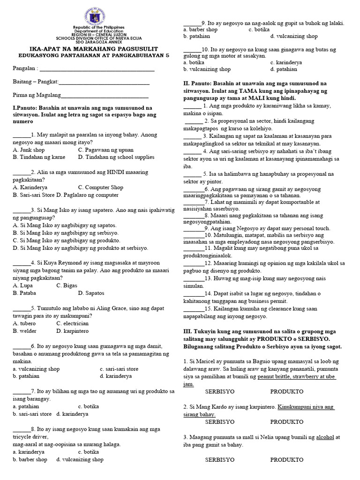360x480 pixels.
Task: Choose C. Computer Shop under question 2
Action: coord(100,187)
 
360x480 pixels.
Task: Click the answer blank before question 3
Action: coord(21,210)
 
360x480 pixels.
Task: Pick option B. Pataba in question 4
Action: coord(25,293)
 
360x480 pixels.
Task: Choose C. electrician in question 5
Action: coord(72,323)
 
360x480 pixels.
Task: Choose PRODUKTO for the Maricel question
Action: coord(287,390)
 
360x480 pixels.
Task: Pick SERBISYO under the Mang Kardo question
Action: coord(220,421)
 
